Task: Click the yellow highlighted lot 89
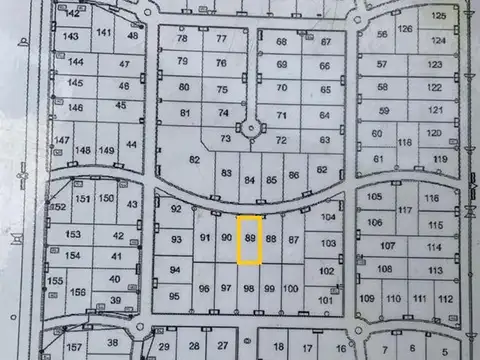pyautogui.click(x=250, y=240)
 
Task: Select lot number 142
pyautogui.click(x=71, y=14)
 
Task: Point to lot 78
pyautogui.click(x=181, y=39)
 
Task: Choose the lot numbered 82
pyautogui.click(x=195, y=160)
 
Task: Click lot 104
pyautogui.click(x=329, y=217)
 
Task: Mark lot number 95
pyautogui.click(x=175, y=297)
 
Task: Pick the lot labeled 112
pyautogui.click(x=446, y=299)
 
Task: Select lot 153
pyautogui.click(x=73, y=234)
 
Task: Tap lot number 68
pyautogui.click(x=282, y=41)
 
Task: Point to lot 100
pyautogui.click(x=290, y=289)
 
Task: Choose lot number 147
pyautogui.click(x=63, y=140)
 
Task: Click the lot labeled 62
pyautogui.click(x=321, y=170)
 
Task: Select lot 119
pyautogui.click(x=439, y=159)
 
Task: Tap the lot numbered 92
pyautogui.click(x=176, y=209)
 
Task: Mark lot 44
pyautogui.click(x=131, y=145)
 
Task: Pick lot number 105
pyautogui.click(x=375, y=197)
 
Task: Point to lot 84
pyautogui.click(x=250, y=179)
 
